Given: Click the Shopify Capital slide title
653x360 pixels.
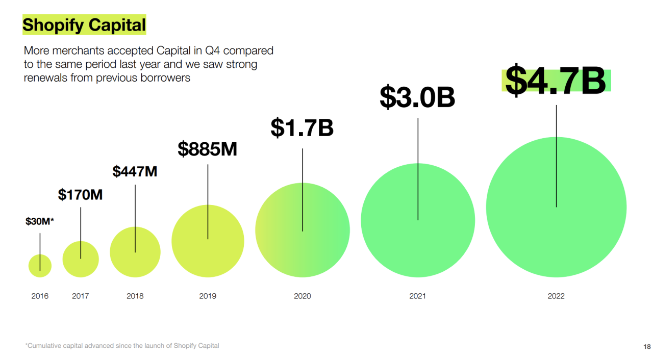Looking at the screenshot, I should (84, 25).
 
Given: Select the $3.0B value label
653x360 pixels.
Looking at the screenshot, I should (417, 97).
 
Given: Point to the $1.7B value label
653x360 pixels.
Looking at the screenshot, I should (302, 127).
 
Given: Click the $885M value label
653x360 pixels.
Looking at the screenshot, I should (207, 149).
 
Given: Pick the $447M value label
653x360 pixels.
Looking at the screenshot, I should (135, 171).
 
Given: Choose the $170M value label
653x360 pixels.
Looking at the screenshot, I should (80, 194).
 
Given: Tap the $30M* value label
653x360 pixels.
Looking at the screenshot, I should (40, 221).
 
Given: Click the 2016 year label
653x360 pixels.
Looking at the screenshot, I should (40, 296).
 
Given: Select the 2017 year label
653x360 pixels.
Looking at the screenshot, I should (80, 296).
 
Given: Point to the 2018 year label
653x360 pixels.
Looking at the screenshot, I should (135, 296).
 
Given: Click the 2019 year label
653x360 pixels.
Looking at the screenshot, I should (208, 296).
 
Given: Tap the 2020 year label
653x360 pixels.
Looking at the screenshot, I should (302, 296).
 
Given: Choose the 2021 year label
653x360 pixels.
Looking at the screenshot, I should (417, 296).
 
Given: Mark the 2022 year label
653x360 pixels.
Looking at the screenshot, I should (556, 296).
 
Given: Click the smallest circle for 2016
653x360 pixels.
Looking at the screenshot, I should (40, 266).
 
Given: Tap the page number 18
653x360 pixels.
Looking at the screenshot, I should (646, 347).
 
